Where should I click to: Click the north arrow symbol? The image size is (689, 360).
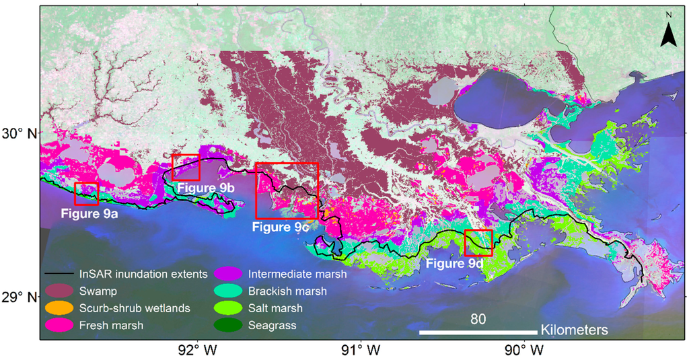(x=667, y=31)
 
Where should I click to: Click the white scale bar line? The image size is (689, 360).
(x=478, y=332)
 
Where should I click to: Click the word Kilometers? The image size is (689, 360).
(x=574, y=331)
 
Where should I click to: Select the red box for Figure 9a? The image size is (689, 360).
(x=87, y=193)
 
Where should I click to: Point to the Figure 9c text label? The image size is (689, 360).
(x=281, y=227)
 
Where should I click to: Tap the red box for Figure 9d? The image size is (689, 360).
(x=478, y=242)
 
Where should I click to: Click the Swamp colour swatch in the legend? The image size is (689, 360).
(x=59, y=291)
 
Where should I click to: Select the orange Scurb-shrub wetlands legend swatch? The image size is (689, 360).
(x=59, y=308)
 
